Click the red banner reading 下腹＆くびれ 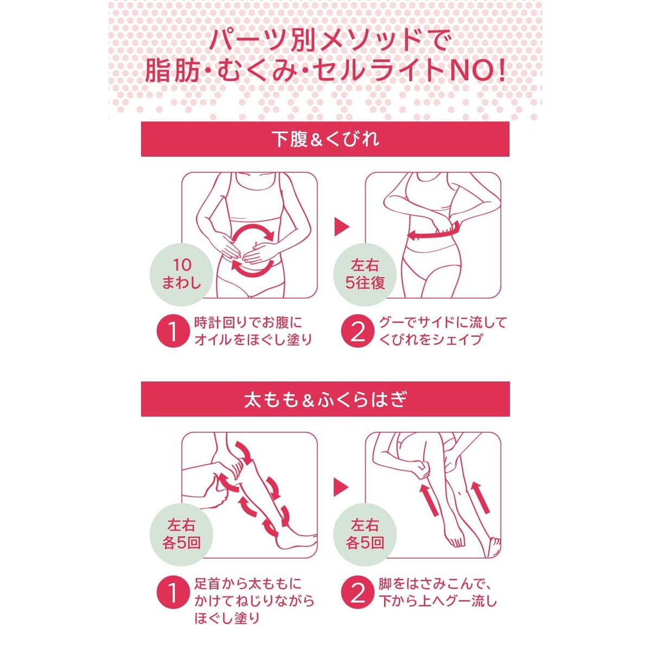pyautogui.click(x=325, y=139)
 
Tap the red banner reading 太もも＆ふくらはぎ pyautogui.click(x=325, y=399)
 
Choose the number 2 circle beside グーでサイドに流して pyautogui.click(x=358, y=332)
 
